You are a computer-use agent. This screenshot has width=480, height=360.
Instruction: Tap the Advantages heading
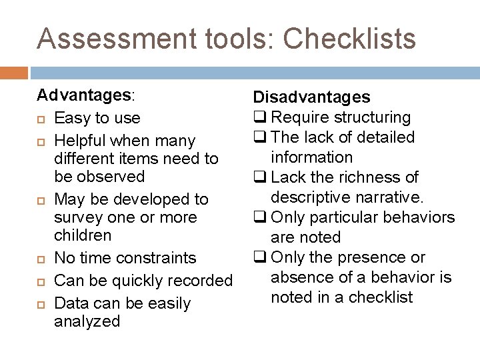pyautogui.click(x=84, y=95)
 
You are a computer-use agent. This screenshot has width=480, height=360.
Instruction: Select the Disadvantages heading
pyautogui.click(x=311, y=97)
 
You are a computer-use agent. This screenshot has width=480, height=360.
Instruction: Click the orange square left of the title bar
pyautogui.click(x=14, y=72)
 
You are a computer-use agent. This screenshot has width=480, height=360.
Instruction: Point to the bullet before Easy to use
pyautogui.click(x=41, y=119)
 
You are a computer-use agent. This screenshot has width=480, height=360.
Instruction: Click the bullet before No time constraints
pyautogui.click(x=41, y=259)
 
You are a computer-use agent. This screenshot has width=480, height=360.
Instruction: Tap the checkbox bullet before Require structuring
pyautogui.click(x=260, y=117)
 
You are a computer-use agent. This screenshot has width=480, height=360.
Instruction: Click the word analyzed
pyautogui.click(x=87, y=321)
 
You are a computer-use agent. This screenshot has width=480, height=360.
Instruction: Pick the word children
pyautogui.click(x=82, y=235)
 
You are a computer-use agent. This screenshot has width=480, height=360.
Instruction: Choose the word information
pyautogui.click(x=311, y=157)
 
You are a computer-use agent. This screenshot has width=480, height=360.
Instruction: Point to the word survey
pyautogui.click(x=78, y=217)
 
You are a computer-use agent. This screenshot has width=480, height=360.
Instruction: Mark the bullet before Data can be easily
pyautogui.click(x=41, y=304)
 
